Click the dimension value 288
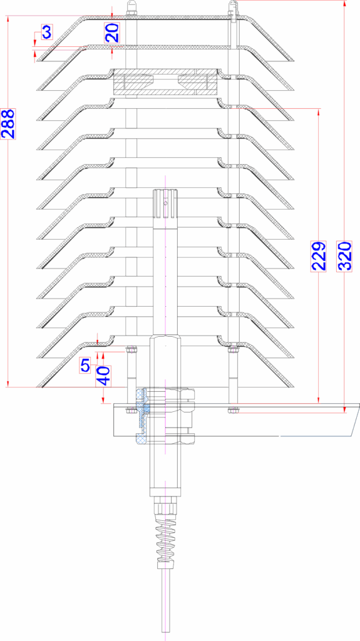8,124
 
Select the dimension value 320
345,256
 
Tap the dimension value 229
319,256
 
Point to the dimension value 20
113,33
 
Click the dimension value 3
46,32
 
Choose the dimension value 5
85,365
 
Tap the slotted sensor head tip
165,202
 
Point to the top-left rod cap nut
131,8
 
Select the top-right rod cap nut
232,8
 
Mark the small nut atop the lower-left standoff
131,350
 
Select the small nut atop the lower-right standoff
234,350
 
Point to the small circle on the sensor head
165,202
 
